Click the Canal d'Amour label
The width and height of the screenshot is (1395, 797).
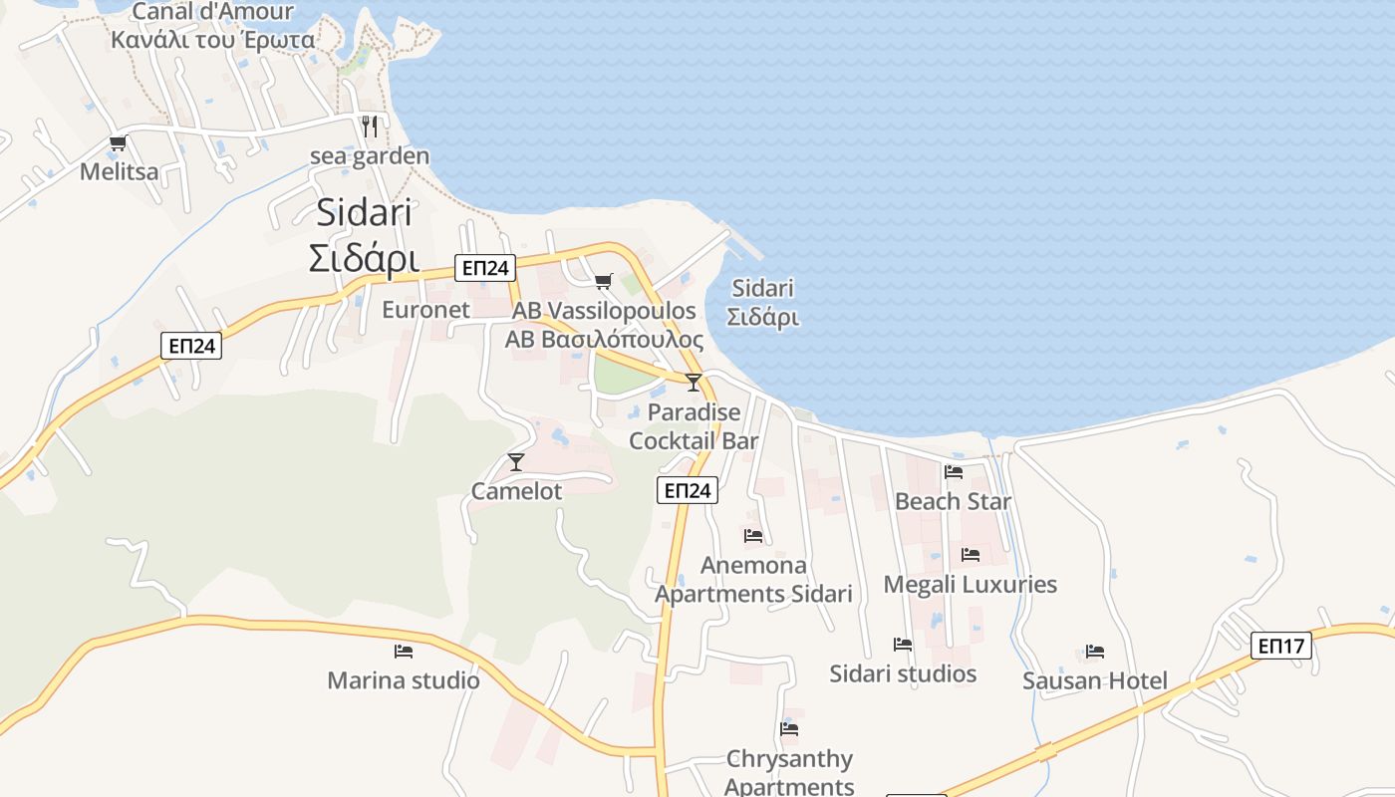click(213, 12)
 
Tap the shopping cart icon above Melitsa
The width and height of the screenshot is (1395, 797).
click(119, 143)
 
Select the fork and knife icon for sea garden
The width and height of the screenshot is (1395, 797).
click(370, 127)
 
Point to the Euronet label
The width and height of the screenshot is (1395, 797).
click(425, 310)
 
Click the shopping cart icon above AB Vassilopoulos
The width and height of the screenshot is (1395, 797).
click(603, 282)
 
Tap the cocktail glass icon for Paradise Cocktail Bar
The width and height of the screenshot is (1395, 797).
click(694, 382)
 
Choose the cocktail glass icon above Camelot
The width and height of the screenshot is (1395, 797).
click(516, 461)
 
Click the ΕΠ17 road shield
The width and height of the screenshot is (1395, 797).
click(1281, 646)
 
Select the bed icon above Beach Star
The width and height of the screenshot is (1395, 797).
click(954, 472)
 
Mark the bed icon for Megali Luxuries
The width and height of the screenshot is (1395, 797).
click(971, 555)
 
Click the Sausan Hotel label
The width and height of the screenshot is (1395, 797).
click(1095, 681)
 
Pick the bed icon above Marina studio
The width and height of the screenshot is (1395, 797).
click(404, 652)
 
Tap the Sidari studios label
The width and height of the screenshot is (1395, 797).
click(903, 674)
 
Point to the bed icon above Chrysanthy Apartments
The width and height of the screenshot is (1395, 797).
click(789, 729)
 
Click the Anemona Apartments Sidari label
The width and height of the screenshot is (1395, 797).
click(753, 580)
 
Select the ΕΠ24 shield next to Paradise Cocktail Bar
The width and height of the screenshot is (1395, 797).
click(688, 490)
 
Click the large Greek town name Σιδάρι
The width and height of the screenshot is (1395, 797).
click(363, 258)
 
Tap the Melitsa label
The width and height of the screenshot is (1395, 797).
click(119, 172)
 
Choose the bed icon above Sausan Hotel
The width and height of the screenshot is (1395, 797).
click(1095, 653)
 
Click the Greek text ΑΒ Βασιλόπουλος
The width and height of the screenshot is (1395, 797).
click(604, 341)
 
